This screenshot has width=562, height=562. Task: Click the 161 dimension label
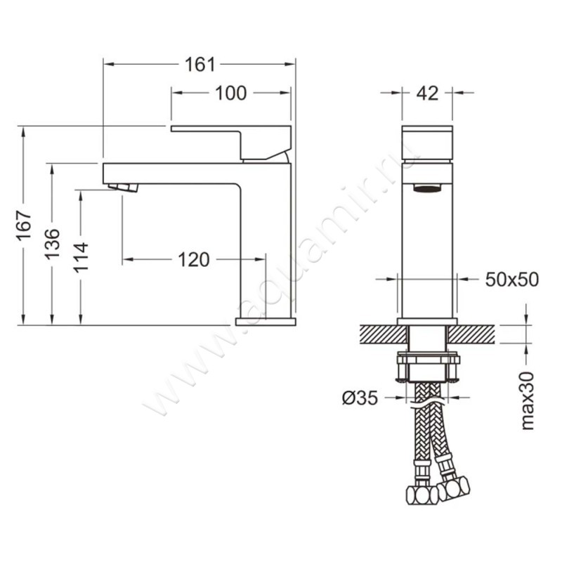[x=200, y=65]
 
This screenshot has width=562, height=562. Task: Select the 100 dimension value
[x=231, y=93]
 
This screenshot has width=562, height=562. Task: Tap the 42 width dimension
[x=427, y=93]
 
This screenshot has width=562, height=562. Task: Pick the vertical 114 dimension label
[x=82, y=258]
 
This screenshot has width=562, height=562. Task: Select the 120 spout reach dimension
[x=193, y=260]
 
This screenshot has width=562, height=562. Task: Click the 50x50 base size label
[x=511, y=280]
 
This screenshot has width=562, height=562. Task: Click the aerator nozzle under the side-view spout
[x=124, y=187]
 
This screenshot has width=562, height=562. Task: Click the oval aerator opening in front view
[x=426, y=188]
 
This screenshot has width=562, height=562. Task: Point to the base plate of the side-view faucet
[x=266, y=321]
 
